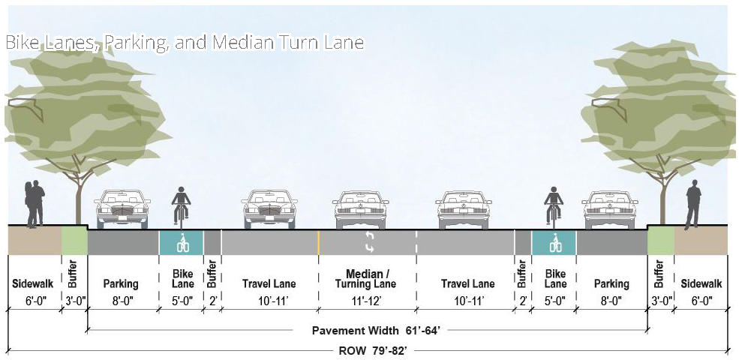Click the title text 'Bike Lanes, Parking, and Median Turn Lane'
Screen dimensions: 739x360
tap(185, 43)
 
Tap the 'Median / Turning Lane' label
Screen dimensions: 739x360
tap(367, 278)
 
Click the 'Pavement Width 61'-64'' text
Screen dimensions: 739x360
tap(366, 330)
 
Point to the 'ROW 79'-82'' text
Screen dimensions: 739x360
tap(368, 350)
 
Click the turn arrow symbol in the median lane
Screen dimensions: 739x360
tap(369, 241)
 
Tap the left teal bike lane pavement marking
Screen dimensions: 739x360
tap(181, 242)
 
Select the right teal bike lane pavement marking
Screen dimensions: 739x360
tap(554, 242)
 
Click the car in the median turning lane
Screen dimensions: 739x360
tap(361, 209)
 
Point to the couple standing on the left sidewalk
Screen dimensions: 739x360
tap(35, 202)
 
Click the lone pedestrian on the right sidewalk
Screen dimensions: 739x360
tap(692, 205)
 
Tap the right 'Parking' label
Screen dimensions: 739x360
tap(611, 284)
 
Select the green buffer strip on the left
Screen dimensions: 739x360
tap(74, 241)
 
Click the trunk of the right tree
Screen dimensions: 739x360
tap(662, 199)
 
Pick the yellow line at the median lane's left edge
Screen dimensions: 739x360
tap(319, 241)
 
